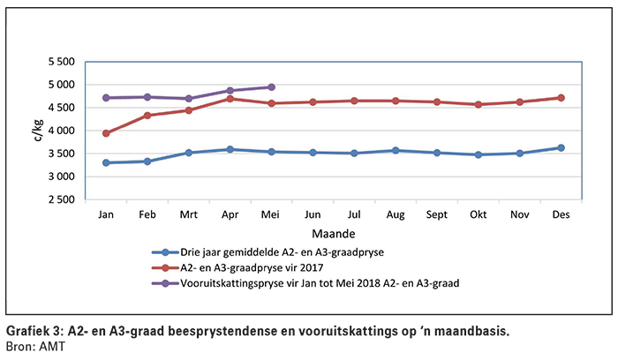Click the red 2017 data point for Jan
107,133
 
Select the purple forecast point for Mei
271,87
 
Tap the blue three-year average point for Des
560,148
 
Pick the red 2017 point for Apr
230,99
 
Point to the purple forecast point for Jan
107,98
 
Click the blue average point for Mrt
189,153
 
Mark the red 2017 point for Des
560,98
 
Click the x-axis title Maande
332,235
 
